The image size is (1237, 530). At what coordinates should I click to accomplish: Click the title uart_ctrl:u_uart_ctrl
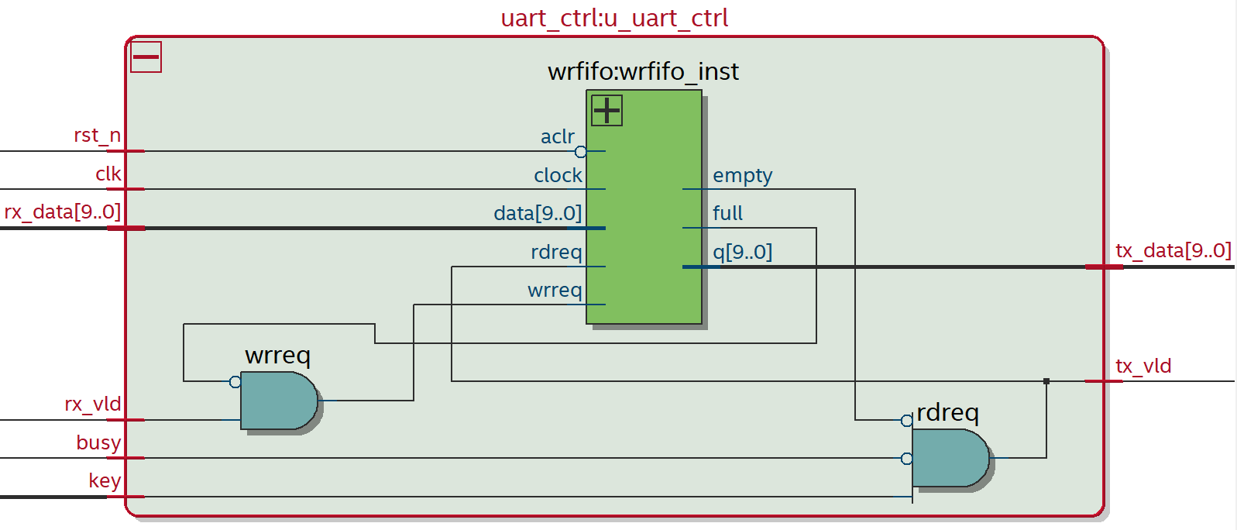(x=614, y=18)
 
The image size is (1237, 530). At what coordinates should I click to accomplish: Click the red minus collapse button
(x=146, y=57)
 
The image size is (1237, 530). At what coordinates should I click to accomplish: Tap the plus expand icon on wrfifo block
(x=606, y=110)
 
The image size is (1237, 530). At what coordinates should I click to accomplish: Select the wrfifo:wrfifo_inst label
(x=643, y=71)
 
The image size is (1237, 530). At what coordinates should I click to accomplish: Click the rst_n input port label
(x=97, y=136)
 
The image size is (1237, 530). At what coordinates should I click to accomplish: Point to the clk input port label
(x=108, y=174)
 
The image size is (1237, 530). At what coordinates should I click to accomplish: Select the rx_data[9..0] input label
(x=63, y=212)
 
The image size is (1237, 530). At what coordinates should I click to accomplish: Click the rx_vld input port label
(x=92, y=404)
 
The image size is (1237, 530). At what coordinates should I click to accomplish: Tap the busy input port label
(x=98, y=442)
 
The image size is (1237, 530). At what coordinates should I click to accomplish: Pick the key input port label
(x=105, y=480)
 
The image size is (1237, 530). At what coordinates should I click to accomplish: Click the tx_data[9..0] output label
(x=1173, y=251)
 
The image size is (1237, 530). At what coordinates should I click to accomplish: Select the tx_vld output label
(x=1143, y=366)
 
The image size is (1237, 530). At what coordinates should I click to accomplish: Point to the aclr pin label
(x=557, y=137)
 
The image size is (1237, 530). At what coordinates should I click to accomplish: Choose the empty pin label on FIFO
(x=742, y=176)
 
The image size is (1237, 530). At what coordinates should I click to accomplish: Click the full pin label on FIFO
(x=727, y=213)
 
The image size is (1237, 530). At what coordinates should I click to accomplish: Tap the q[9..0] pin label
(x=742, y=252)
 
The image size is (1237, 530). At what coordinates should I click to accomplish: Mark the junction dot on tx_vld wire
(x=1046, y=381)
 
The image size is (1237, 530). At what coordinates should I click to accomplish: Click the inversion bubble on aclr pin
(x=580, y=152)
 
